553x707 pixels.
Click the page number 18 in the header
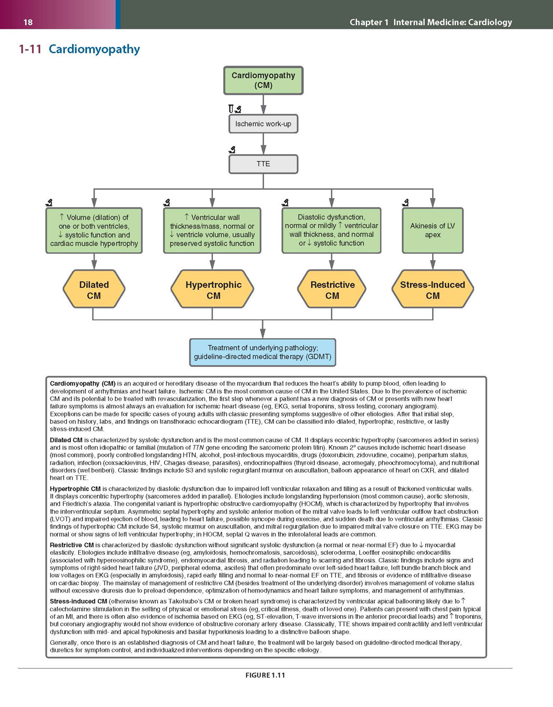tap(28, 22)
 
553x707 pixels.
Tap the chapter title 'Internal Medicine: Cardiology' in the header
tap(453, 22)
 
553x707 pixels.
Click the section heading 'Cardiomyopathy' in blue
tap(94, 49)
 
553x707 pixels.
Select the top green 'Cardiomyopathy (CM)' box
tap(263, 80)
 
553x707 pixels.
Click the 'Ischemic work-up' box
tap(263, 124)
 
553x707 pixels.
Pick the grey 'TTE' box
tap(263, 164)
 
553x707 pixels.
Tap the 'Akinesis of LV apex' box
tap(433, 231)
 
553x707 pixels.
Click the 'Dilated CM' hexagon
tap(94, 289)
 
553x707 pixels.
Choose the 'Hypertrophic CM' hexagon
tap(212, 289)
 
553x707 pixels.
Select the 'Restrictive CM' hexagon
tap(332, 289)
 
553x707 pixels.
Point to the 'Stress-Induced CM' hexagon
tap(433, 289)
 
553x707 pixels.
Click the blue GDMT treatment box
tap(263, 352)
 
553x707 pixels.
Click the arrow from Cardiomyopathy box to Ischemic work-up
tap(263, 105)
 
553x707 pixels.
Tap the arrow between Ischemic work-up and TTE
tap(263, 144)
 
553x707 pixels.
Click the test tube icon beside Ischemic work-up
tap(231, 109)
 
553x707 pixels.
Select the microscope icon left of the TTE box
tap(232, 150)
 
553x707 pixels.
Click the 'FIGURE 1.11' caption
tap(265, 675)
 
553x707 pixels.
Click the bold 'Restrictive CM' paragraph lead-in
tap(71, 545)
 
